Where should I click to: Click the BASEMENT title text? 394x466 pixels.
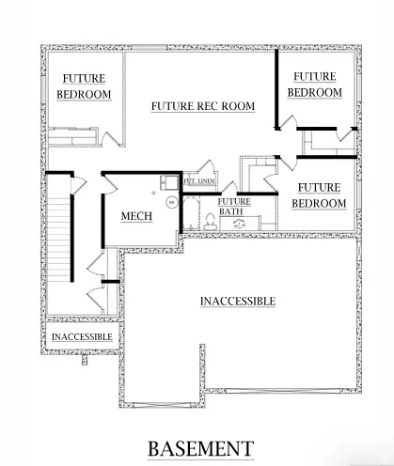[199, 447]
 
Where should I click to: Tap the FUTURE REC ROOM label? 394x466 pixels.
[203, 106]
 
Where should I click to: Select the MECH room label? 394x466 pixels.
[136, 217]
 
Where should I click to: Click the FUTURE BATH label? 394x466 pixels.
[234, 207]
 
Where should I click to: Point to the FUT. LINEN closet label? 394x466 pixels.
[200, 180]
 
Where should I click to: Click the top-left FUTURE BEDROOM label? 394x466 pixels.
[84, 86]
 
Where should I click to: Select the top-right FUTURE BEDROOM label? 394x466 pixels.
[314, 85]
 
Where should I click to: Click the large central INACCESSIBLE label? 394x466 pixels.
[237, 301]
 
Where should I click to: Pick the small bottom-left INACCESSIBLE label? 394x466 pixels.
[81, 335]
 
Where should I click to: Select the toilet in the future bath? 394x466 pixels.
[206, 221]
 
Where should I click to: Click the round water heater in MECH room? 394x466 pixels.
[171, 201]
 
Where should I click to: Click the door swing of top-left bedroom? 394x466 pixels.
[111, 137]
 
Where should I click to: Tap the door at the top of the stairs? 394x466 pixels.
[79, 181]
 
